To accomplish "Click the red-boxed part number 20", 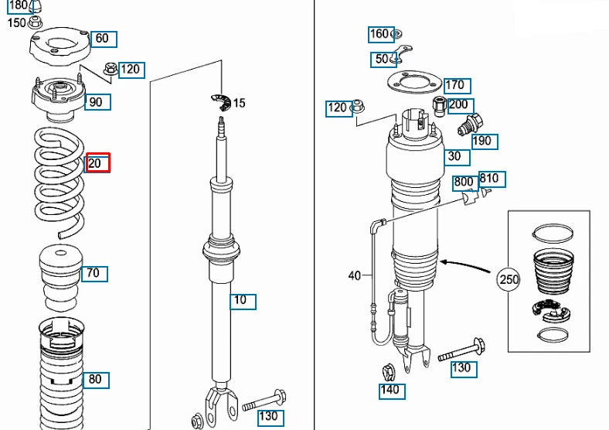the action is pyautogui.click(x=97, y=162).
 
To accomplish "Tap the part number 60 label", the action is pyautogui.click(x=104, y=39).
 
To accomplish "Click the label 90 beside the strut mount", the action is pyautogui.click(x=97, y=102).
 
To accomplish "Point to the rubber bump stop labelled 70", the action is pyautogui.click(x=60, y=278).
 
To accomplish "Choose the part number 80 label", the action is pyautogui.click(x=96, y=380).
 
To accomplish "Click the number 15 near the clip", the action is pyautogui.click(x=240, y=103).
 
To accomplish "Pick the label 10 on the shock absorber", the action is pyautogui.click(x=243, y=302).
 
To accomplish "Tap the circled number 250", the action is pyautogui.click(x=509, y=278).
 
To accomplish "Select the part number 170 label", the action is pyautogui.click(x=458, y=86).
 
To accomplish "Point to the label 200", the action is pyautogui.click(x=461, y=105).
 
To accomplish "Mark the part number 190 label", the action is pyautogui.click(x=485, y=141).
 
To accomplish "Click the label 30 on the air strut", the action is pyautogui.click(x=457, y=157).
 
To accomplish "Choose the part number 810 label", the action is pyautogui.click(x=492, y=179).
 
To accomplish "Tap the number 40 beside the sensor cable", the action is pyautogui.click(x=355, y=275).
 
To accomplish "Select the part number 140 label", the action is pyautogui.click(x=392, y=391).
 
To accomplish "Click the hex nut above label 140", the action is pyautogui.click(x=389, y=373).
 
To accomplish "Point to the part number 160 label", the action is pyautogui.click(x=381, y=34).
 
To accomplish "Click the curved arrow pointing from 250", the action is pyautogui.click(x=464, y=264).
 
